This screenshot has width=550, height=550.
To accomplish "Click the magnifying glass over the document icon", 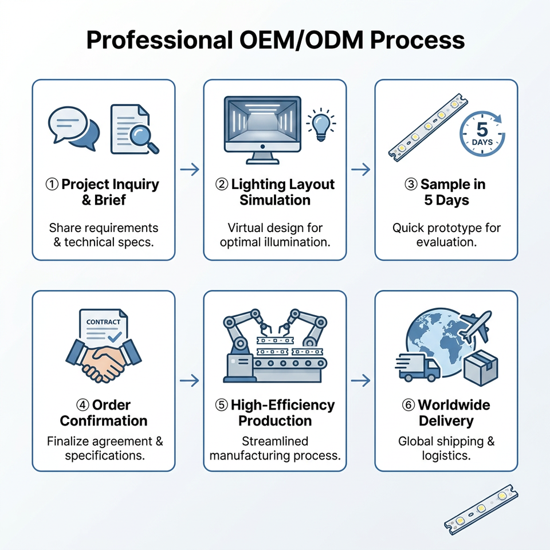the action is tap(142, 138).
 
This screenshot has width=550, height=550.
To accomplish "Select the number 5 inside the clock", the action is tap(482, 129).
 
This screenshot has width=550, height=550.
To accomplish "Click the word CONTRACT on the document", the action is tap(103, 322).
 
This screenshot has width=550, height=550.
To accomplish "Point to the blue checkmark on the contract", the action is tap(115, 337).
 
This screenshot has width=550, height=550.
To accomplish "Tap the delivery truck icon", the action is tap(418, 367).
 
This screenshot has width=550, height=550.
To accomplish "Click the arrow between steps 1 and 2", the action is tap(190, 170).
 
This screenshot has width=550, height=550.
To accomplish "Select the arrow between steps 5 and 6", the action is tap(360, 380).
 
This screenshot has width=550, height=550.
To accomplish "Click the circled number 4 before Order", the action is tap(82, 405).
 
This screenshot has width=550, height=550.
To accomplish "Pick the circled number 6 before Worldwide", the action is tap(408, 405).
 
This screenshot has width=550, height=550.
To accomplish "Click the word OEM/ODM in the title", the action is tap(301, 40).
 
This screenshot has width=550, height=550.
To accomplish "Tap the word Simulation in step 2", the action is tap(275, 200).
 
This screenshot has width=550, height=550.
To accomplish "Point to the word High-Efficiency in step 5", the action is tap(282, 405).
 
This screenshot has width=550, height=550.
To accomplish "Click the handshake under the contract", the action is tap(104, 360).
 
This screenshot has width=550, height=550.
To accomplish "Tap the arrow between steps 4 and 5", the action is tap(190, 380).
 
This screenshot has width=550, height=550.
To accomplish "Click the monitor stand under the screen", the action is tap(263, 158).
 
